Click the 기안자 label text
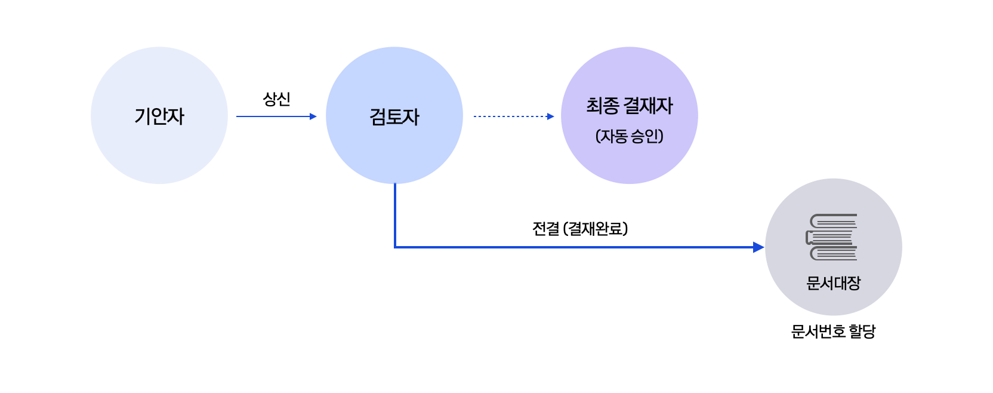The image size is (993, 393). click(159, 116)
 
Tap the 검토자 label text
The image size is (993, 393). click(394, 117)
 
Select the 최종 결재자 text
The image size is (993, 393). click(630, 106)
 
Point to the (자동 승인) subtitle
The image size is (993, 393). click(630, 136)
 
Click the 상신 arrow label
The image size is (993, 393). click(277, 99)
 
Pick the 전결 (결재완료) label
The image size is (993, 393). click(580, 229)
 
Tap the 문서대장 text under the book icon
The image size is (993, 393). click(834, 283)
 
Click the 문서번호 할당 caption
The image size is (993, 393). click(834, 331)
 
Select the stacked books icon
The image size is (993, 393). click(832, 237)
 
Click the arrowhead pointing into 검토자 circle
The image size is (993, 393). click(313, 116)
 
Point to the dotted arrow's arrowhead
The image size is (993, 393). click(551, 116)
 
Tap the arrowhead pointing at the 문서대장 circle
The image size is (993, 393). click(758, 247)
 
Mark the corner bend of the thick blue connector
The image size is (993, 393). click(395, 247)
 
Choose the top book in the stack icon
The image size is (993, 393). click(834, 221)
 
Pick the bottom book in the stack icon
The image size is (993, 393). click(834, 253)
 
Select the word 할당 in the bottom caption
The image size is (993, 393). click(862, 331)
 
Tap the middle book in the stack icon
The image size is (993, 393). click(829, 237)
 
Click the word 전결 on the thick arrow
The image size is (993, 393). click(545, 229)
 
